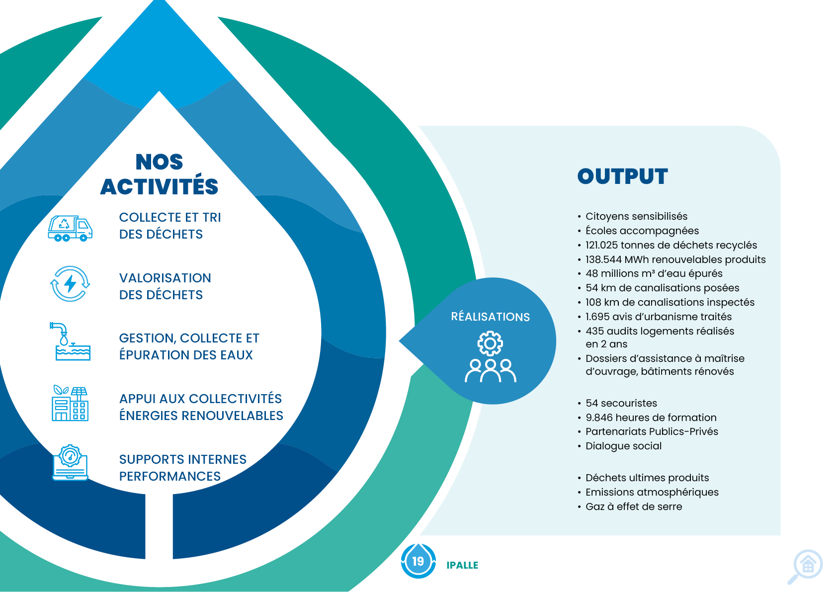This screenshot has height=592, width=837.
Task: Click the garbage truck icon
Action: pyautogui.click(x=70, y=228)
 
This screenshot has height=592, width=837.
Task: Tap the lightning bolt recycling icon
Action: pyautogui.click(x=70, y=284)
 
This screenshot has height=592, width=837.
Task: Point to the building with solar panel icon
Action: pyautogui.click(x=70, y=404)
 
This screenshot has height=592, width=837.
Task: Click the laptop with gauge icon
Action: pyautogui.click(x=70, y=463)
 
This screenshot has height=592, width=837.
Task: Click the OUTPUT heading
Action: pyautogui.click(x=622, y=176)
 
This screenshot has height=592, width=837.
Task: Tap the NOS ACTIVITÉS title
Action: pyautogui.click(x=159, y=174)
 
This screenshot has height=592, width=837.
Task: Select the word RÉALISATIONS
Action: pyautogui.click(x=490, y=317)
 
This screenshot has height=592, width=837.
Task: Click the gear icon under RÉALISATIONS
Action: pyautogui.click(x=490, y=343)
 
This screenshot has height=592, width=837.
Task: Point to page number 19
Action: pyautogui.click(x=418, y=561)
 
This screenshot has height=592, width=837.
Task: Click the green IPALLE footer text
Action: pyautogui.click(x=462, y=565)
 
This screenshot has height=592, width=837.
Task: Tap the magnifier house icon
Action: pyautogui.click(x=807, y=566)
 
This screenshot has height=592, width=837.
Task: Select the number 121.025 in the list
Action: pyautogui.click(x=603, y=245)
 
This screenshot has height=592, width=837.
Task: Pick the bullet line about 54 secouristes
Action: pyautogui.click(x=621, y=403)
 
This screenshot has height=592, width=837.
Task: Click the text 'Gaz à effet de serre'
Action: pyautogui.click(x=634, y=507)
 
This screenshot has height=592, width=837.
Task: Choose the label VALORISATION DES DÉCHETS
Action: pyautogui.click(x=165, y=286)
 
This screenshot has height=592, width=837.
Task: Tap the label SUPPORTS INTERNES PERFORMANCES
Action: pyautogui.click(x=182, y=468)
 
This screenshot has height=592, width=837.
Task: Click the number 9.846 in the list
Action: pyautogui.click(x=599, y=418)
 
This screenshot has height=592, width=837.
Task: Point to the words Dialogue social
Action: pyautogui.click(x=623, y=446)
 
